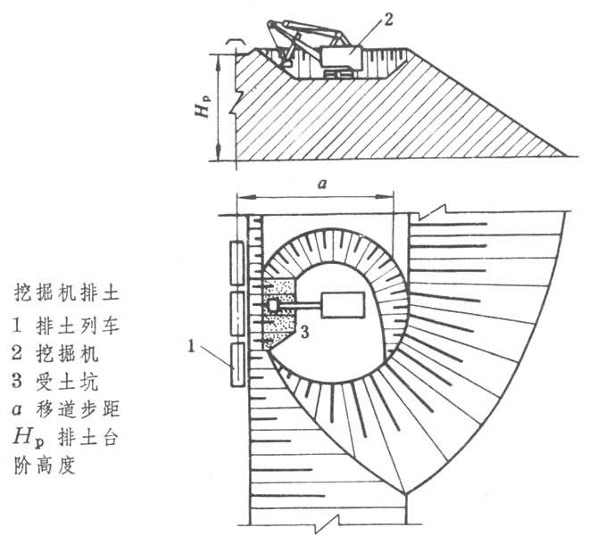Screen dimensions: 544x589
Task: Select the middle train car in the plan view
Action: point(236,313)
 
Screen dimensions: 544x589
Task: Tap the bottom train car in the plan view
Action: point(236,364)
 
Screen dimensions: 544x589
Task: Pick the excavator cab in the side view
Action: point(340,60)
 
